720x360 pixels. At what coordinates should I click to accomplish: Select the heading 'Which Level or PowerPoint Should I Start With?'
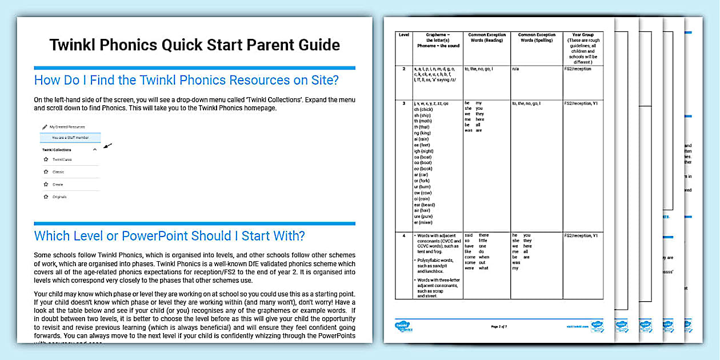[x=170, y=236]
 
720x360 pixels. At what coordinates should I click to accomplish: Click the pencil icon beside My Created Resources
[x=45, y=126]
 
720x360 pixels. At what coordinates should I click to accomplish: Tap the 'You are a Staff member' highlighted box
[x=70, y=138]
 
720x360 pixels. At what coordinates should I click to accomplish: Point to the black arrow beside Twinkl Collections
[x=107, y=145]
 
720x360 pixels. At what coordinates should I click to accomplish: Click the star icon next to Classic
[x=46, y=172]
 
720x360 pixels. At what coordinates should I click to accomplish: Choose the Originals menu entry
[x=59, y=197]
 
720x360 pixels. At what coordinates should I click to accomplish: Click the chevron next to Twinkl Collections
[x=95, y=150]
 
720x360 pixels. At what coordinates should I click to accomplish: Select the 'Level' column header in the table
[x=404, y=35]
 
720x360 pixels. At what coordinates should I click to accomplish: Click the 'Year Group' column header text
[x=583, y=35]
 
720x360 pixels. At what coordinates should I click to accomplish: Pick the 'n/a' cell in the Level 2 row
[x=515, y=69]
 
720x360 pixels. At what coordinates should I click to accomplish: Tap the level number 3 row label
[x=404, y=103]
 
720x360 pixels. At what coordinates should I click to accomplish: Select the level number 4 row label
[x=404, y=235]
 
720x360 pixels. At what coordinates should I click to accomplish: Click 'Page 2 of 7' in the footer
[x=503, y=327]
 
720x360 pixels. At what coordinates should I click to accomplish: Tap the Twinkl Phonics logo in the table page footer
[x=404, y=327]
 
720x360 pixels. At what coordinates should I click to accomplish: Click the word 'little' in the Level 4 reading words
[x=483, y=241]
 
